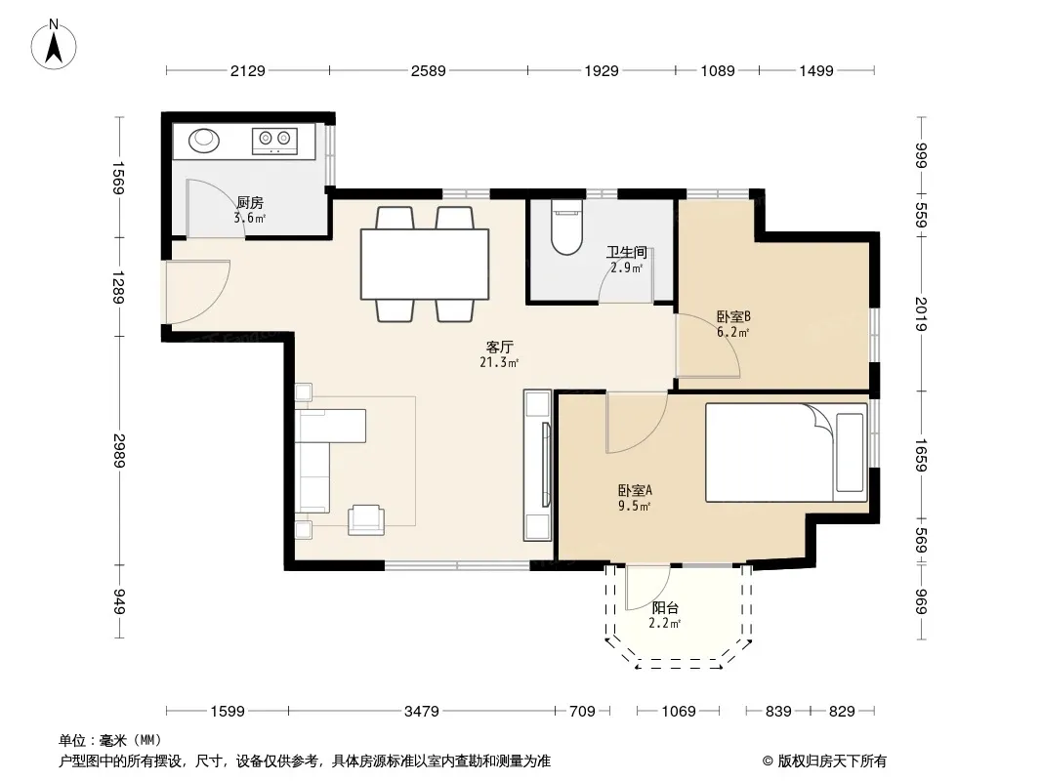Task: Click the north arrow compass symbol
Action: click(54, 44)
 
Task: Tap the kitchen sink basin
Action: click(204, 140)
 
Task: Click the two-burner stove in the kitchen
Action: click(274, 140)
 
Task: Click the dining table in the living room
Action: click(425, 265)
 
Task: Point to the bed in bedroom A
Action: click(787, 452)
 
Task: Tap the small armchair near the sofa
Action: click(366, 519)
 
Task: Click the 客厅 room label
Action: click(499, 347)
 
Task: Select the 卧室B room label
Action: click(733, 316)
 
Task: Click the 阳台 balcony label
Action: click(665, 607)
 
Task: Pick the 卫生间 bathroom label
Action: click(627, 252)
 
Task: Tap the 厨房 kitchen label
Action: click(250, 202)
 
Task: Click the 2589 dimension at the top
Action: click(429, 70)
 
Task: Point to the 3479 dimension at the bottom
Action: click(422, 712)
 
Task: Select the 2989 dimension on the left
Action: click(119, 451)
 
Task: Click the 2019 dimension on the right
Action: click(921, 313)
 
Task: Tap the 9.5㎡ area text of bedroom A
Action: click(634, 507)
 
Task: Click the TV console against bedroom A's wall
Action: click(538, 465)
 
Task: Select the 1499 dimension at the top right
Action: click(816, 70)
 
